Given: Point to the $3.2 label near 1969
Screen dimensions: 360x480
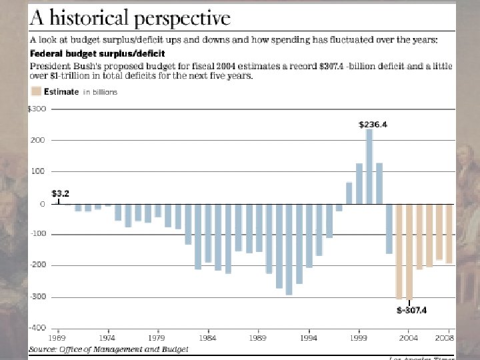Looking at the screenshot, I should point(61,193).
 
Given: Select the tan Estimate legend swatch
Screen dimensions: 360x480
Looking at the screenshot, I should point(38,92).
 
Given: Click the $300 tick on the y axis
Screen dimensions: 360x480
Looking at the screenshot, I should point(37,109).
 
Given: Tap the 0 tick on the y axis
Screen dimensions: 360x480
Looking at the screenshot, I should point(42,204).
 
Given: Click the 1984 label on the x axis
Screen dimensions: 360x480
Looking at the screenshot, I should point(209,338).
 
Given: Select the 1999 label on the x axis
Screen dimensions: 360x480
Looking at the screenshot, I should point(359,338).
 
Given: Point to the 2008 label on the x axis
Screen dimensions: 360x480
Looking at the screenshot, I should point(445,338).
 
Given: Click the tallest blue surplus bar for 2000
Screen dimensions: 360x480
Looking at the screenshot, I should point(369,166).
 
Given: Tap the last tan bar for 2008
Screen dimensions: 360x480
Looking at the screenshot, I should point(449,233).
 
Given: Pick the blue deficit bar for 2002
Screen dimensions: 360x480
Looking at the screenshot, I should point(389,229).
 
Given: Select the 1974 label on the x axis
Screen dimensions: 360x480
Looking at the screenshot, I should point(108,338).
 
